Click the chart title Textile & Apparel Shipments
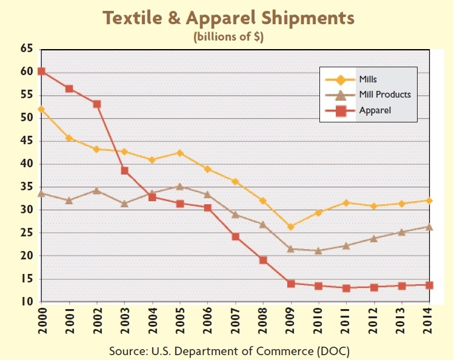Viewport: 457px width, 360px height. point(228,18)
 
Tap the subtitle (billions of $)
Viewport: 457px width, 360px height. point(228,36)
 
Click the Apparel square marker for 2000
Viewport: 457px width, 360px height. point(41,71)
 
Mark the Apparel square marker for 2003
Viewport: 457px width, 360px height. point(124,170)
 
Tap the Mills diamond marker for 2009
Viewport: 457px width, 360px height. point(291,227)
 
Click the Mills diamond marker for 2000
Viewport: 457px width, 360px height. point(41,109)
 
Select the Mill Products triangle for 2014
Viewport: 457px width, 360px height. point(430,227)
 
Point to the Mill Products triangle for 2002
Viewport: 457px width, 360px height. point(97,190)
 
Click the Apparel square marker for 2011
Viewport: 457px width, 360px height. point(346,288)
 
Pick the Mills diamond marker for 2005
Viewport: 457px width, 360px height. point(180,153)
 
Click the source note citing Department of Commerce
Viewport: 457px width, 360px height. point(228,350)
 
